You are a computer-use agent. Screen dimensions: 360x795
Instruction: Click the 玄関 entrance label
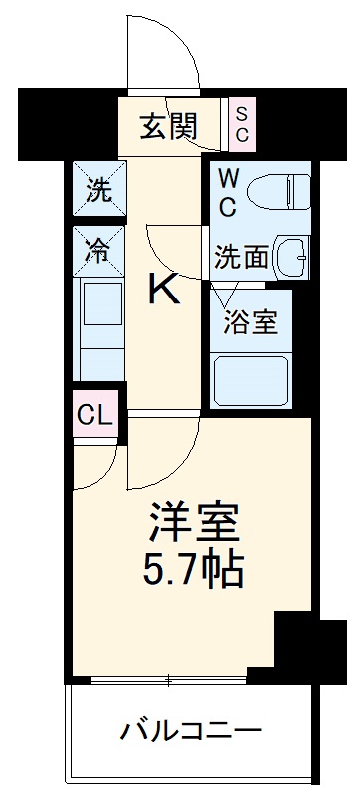(169, 126)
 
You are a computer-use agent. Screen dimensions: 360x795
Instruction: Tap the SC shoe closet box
(242, 123)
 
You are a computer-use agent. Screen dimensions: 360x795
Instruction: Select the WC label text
(228, 193)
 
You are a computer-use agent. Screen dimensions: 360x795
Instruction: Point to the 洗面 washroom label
(241, 256)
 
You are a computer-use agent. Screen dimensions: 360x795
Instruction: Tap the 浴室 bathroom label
(250, 323)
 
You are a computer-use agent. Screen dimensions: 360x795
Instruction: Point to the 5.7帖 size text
(196, 568)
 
